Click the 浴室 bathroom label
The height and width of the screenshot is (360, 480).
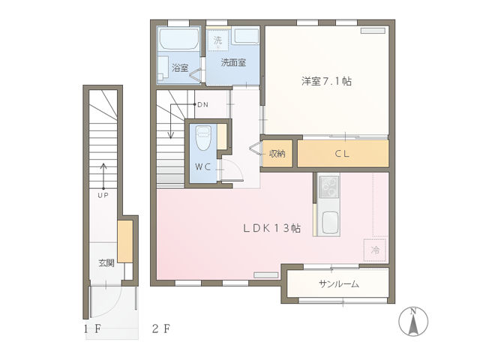[x=180, y=67]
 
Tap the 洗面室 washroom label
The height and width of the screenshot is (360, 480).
[x=233, y=62]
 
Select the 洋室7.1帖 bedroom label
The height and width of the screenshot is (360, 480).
[x=327, y=81]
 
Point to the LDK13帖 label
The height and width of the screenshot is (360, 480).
[x=271, y=228]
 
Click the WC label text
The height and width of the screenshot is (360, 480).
[x=203, y=166]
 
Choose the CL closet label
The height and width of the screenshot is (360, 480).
[x=342, y=153]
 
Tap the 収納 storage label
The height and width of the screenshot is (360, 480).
[x=277, y=153]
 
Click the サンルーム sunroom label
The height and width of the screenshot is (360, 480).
[x=339, y=284]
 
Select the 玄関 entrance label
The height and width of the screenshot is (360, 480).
[x=106, y=262]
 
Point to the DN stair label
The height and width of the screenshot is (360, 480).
[x=203, y=105]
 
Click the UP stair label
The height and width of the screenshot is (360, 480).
[x=103, y=195]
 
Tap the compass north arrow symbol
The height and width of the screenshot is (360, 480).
[x=413, y=322]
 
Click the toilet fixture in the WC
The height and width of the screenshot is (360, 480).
[x=203, y=138]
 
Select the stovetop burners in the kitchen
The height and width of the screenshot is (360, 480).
[x=329, y=187]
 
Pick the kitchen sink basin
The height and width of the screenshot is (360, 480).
[x=330, y=223]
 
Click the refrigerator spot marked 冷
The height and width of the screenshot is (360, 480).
[x=375, y=250]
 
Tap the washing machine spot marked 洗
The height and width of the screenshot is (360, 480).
[x=217, y=40]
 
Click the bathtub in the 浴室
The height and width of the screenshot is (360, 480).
[x=179, y=38]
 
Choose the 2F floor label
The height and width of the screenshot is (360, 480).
[x=161, y=328]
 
